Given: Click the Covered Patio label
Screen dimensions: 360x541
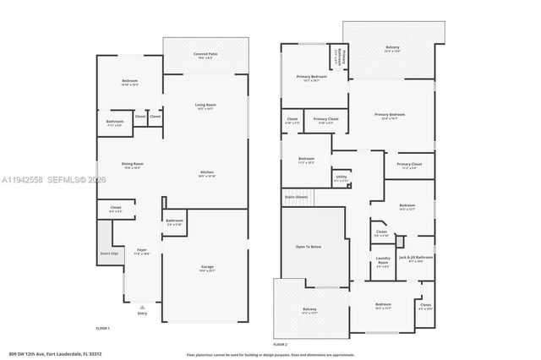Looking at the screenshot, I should (205, 55).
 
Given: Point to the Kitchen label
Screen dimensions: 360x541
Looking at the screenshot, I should (206, 172).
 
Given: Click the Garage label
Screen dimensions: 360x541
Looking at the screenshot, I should (207, 267).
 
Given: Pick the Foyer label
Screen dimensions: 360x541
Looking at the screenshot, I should (141, 251).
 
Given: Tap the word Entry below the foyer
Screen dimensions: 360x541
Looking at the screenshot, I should (142, 314).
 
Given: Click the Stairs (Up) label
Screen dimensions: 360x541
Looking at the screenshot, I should (109, 254).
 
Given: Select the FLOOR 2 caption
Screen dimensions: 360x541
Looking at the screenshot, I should (281, 344).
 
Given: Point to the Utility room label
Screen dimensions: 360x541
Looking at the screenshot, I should (342, 177).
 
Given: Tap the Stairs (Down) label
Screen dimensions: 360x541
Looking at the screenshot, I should (296, 196).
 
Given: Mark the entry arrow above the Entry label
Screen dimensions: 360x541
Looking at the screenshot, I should (141, 307).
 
